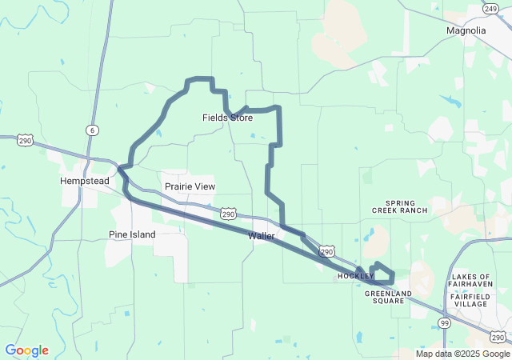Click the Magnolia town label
coord(466,30)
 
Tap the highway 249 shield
coord(491,8)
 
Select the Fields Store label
coord(227,118)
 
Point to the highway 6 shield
coord(94,130)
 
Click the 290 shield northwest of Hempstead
coord(26,139)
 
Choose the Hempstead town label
coord(85,181)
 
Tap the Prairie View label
coord(190,186)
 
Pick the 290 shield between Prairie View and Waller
coord(229,214)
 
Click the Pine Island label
coord(132,234)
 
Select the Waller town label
coord(262,236)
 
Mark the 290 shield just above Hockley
coord(326,251)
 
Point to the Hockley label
coord(355,276)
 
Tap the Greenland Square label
coord(390,297)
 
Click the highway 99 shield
coord(444,322)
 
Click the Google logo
coord(26,350)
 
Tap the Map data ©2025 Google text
coord(462,354)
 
